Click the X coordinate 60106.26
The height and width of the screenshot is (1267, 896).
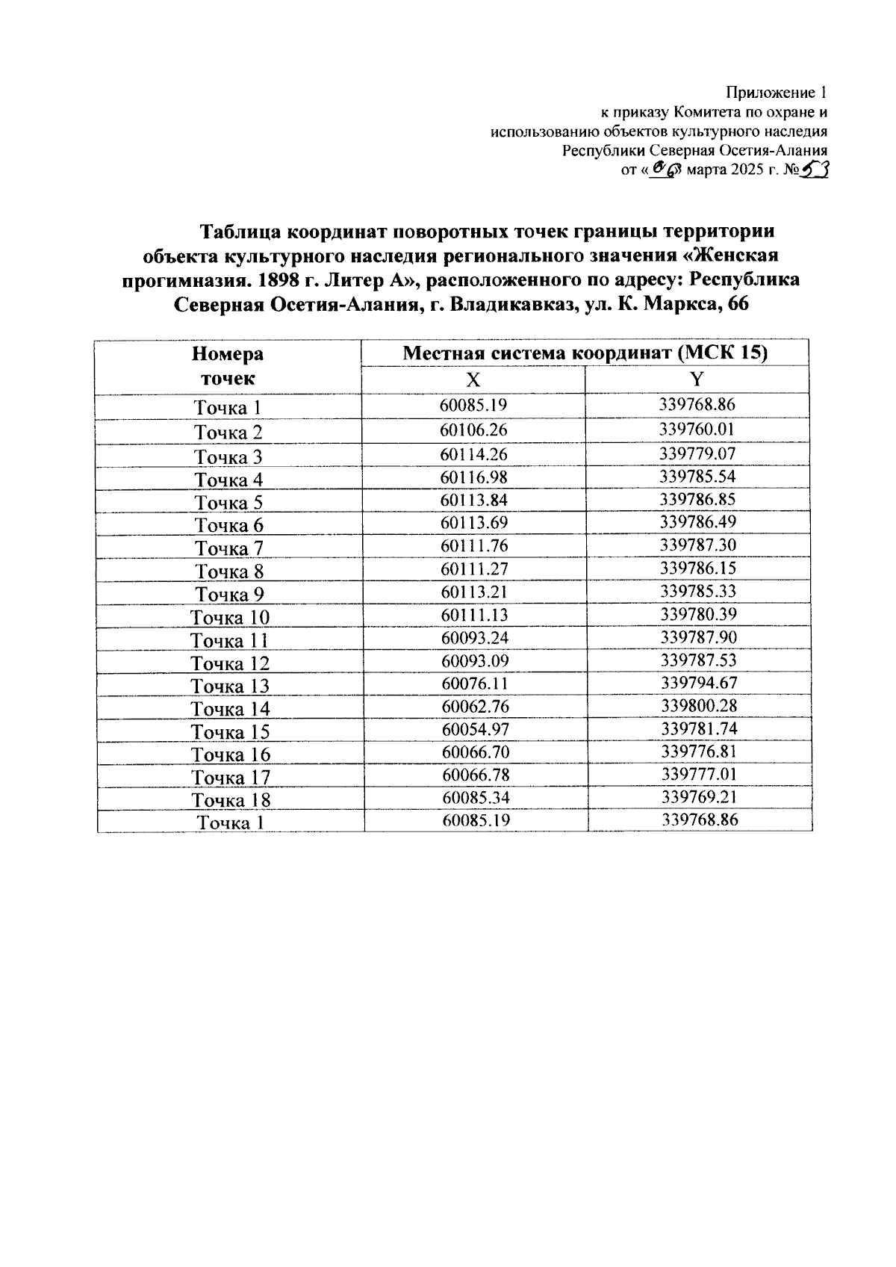[474, 430]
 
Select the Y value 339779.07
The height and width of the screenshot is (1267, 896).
[697, 453]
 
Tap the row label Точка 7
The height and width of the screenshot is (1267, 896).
[229, 549]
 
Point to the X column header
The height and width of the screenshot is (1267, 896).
[473, 380]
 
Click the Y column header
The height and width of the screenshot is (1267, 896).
[697, 379]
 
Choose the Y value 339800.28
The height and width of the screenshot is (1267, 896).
[699, 706]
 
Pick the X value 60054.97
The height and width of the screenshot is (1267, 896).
[476, 729]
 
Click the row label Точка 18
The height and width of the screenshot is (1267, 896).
[231, 801]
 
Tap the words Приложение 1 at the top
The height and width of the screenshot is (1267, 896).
[777, 93]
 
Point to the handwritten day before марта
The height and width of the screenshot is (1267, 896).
[664, 170]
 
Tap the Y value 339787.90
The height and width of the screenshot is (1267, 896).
[699, 637]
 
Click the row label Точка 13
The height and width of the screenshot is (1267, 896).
[230, 687]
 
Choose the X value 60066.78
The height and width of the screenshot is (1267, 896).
[476, 775]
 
